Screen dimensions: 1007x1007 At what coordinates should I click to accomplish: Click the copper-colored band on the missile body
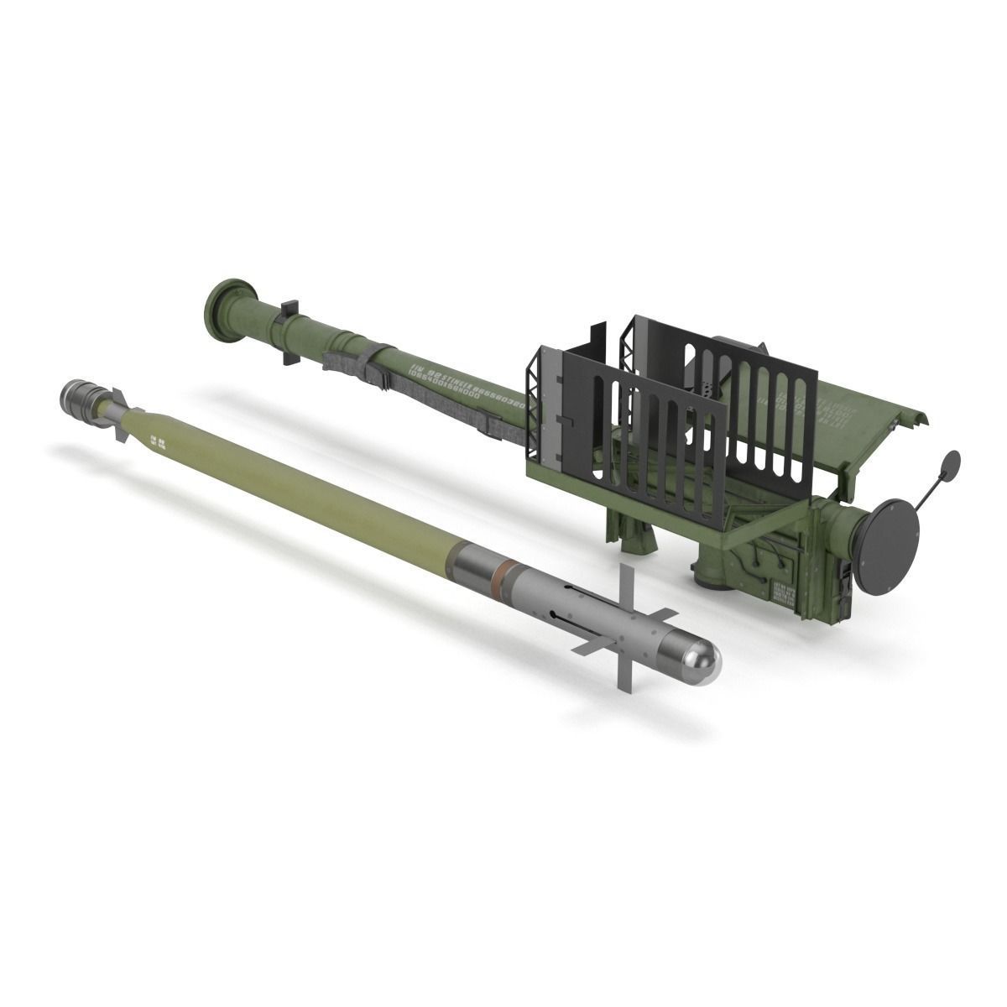(x=502, y=572)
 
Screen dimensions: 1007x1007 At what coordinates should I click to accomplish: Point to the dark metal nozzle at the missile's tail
(x=79, y=392)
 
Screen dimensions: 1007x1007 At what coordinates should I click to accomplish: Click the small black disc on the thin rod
(x=952, y=464)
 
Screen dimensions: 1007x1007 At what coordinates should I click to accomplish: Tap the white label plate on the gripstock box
(x=785, y=591)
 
